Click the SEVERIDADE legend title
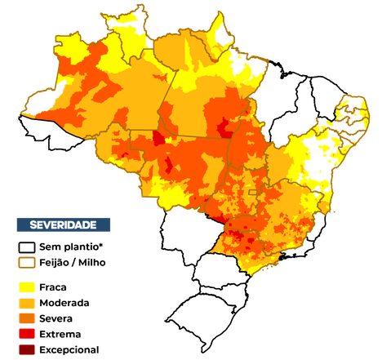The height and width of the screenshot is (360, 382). click(x=63, y=224)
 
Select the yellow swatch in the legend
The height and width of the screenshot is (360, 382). click(x=27, y=287)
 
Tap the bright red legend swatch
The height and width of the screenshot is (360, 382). click(x=27, y=334)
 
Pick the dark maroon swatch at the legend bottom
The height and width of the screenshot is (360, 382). click(x=27, y=349)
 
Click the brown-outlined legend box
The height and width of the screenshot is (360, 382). click(x=27, y=263)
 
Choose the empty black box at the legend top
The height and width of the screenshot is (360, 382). click(x=27, y=247)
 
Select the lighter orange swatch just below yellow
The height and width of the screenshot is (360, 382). click(x=27, y=303)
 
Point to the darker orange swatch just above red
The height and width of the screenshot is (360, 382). click(x=27, y=318)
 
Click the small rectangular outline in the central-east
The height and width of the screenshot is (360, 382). click(x=252, y=193)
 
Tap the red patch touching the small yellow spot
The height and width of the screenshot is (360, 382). click(x=158, y=137)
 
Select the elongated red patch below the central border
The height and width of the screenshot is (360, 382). click(x=169, y=166)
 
